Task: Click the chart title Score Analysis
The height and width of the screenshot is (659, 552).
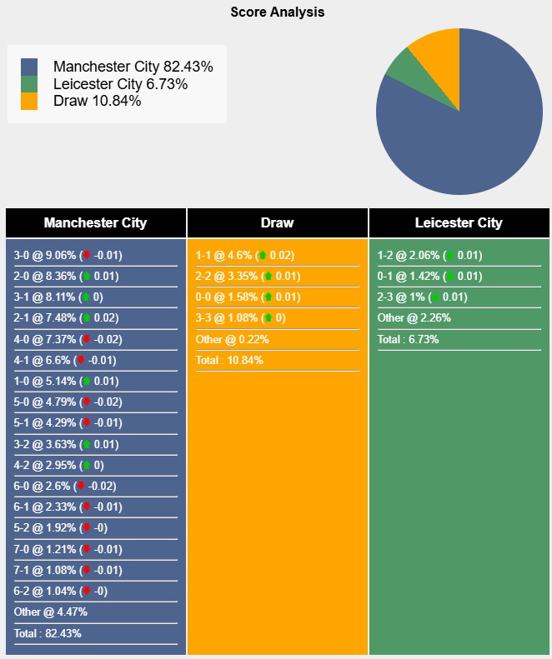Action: pos(278,12)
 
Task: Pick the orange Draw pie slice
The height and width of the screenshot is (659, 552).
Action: pos(436,52)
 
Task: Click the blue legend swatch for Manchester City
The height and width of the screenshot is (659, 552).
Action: pos(29,67)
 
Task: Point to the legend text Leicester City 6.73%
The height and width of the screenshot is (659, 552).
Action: pos(120,84)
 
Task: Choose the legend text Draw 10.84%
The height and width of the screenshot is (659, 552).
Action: pos(97,101)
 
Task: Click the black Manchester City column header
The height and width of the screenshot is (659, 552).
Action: pos(95,222)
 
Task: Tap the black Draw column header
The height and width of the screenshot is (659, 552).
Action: pos(277,222)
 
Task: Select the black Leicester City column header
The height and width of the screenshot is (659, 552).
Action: pos(459,222)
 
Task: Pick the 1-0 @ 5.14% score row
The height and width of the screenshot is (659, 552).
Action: pos(67,382)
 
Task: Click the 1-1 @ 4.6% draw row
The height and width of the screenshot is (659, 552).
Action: pos(245,256)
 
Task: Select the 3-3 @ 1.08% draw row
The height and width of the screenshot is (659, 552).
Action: pos(240,318)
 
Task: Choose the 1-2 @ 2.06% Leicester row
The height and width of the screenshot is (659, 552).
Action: pos(429,256)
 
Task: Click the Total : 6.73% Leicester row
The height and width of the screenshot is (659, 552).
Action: pos(408,339)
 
